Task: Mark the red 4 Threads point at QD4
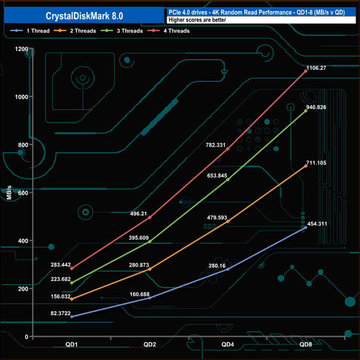[x=228, y=148]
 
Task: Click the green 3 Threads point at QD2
[x=150, y=241]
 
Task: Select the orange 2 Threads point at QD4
[x=228, y=222]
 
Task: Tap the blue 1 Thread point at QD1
[x=71, y=317]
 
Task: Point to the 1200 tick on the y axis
[x=21, y=49]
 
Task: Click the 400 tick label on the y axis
[x=23, y=240]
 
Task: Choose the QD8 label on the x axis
[x=305, y=344]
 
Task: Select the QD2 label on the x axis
[x=150, y=344]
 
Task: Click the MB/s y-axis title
[x=9, y=193]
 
